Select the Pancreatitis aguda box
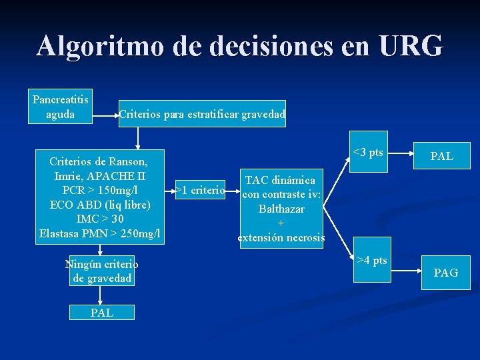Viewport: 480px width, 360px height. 61,107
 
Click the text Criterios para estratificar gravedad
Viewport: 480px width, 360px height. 202,115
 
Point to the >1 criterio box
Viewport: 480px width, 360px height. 200,191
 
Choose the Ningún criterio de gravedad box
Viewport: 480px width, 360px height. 102,271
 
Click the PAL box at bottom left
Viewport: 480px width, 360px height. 102,312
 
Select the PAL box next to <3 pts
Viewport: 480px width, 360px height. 441,157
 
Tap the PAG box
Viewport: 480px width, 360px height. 445,272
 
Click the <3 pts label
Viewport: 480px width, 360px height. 368,153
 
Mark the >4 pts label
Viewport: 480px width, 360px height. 372,260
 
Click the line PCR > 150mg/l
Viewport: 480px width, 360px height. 99,190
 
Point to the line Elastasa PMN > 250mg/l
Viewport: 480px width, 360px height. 99,233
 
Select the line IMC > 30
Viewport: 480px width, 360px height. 99,219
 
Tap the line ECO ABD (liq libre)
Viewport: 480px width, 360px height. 99,205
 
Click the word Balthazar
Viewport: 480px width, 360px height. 281,209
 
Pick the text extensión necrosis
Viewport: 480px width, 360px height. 281,237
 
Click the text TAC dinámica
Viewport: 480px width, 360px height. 281,181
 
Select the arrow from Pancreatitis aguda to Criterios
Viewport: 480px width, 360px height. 105,115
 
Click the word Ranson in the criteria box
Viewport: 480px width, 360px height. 125,161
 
